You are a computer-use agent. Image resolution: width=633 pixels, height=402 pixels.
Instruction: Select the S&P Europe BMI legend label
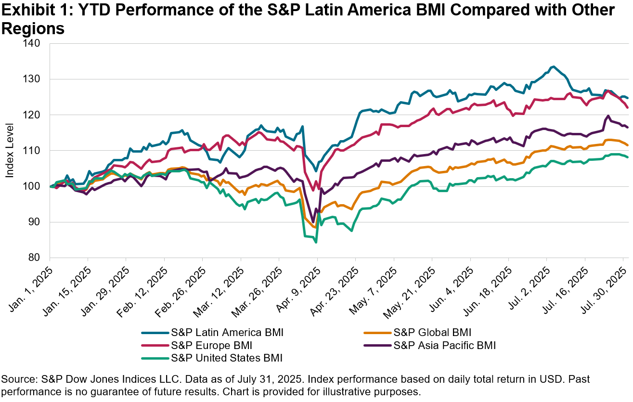(x=212, y=345)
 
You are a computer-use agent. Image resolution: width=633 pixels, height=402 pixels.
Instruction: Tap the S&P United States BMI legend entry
(x=227, y=358)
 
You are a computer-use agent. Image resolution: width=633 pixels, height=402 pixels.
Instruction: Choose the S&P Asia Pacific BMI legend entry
(x=444, y=345)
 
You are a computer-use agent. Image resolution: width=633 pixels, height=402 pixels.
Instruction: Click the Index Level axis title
(x=10, y=151)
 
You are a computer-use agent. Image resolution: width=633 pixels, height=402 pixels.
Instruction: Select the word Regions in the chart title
(x=33, y=28)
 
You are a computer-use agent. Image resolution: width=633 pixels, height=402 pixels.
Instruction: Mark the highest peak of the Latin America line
(x=554, y=66)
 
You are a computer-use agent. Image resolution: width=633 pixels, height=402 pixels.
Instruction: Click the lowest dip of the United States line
(x=316, y=242)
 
